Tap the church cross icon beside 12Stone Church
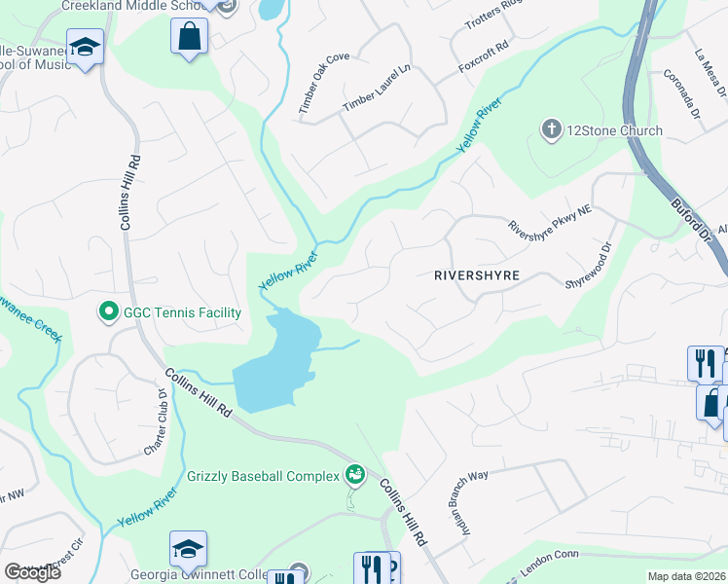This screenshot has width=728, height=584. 552,129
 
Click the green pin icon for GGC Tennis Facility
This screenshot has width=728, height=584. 107,312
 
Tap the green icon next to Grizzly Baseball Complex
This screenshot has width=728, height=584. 355,475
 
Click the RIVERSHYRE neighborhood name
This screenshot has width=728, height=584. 478,275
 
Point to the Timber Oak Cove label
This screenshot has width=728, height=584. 324,83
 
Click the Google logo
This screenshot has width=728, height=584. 32,572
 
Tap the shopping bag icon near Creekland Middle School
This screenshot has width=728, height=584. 190,38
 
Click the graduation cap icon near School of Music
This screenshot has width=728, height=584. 86,49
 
